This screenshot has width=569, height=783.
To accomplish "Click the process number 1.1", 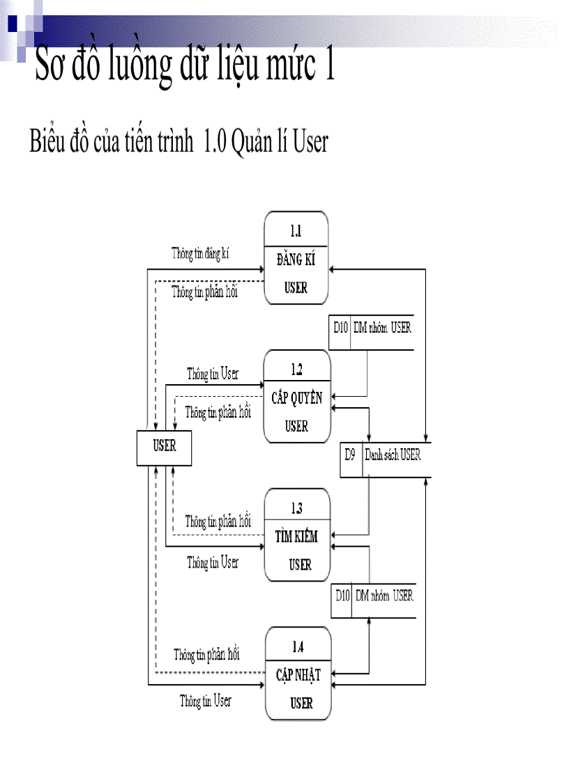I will [x=296, y=231].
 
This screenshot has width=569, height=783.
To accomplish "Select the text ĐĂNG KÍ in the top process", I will [x=296, y=260].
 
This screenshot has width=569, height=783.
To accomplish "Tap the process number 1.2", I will [x=296, y=370].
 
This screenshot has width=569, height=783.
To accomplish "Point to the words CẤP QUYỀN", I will [x=297, y=398].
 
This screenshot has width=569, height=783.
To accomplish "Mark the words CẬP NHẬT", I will [x=298, y=675].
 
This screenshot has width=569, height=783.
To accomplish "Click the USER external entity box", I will [x=165, y=446].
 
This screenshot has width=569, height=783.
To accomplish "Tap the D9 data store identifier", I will [x=351, y=455].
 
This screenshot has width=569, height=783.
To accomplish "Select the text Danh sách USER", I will [x=393, y=455].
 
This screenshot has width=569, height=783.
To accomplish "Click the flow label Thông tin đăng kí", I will [x=200, y=254].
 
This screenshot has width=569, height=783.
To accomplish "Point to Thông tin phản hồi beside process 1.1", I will [x=204, y=292].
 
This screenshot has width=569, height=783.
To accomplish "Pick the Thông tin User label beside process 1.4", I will [x=205, y=701].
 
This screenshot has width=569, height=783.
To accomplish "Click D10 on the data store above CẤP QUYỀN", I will [x=340, y=327].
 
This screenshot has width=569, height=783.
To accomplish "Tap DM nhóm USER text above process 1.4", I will [x=384, y=595].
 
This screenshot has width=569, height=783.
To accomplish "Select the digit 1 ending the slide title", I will [x=326, y=65].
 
